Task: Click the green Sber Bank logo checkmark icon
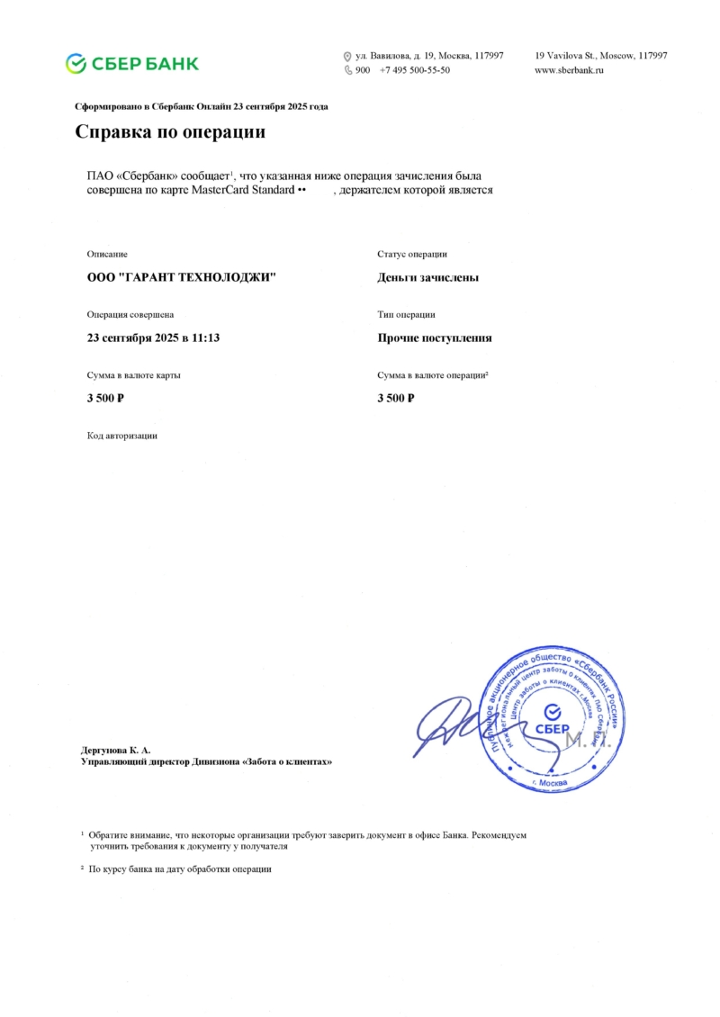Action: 76,63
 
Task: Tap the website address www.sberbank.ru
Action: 569,69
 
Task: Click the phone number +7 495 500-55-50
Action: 415,69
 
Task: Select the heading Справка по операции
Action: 170,132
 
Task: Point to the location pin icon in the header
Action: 348,56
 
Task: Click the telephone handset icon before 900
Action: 348,69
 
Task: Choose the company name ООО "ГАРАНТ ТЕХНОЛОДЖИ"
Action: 181,277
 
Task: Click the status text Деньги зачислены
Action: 427,277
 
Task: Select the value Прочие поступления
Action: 435,337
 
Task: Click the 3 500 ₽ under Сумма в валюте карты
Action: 105,398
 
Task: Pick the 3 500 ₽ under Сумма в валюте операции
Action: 396,398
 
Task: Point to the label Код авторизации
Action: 122,436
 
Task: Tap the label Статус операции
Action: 412,255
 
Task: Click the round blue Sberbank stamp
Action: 553,718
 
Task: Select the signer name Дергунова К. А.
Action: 116,749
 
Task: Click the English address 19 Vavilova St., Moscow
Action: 601,56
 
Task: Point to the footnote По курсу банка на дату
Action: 180,869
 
